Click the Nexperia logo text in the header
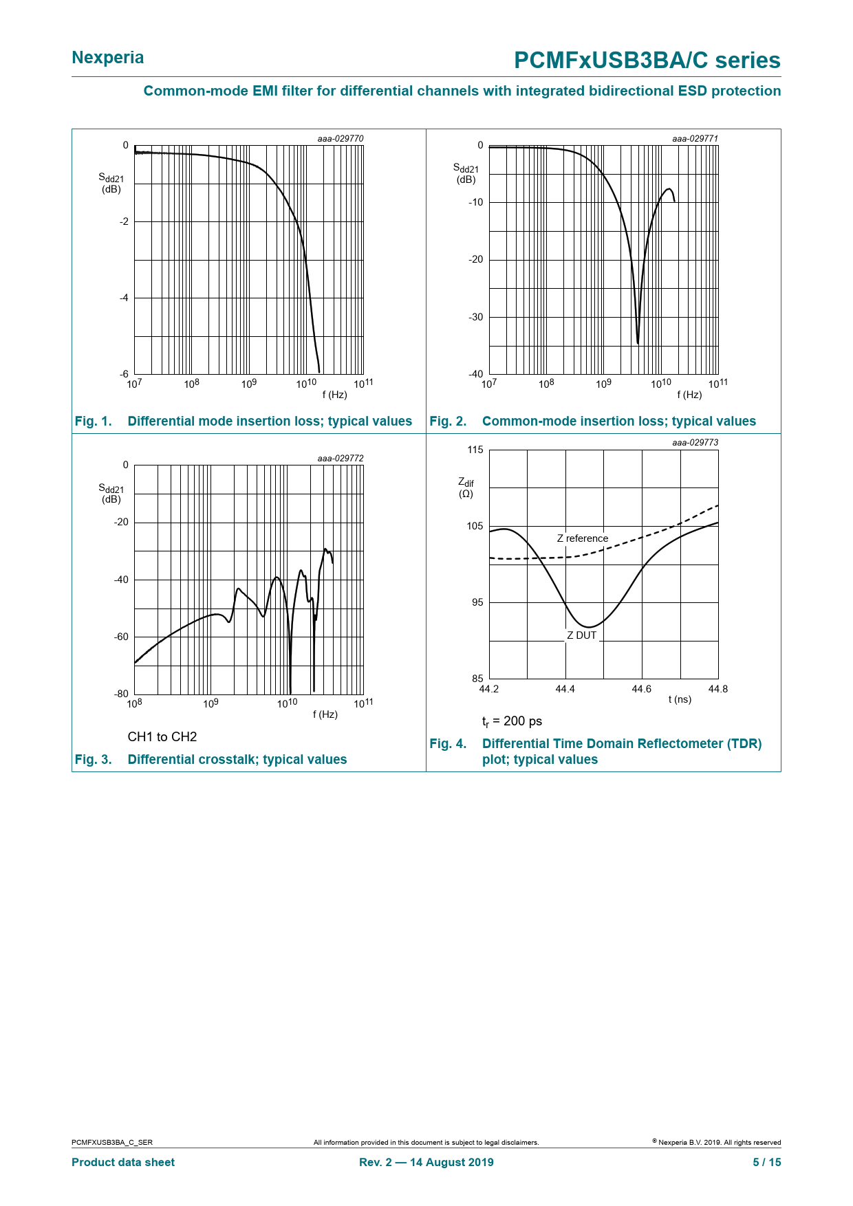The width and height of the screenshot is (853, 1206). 108,58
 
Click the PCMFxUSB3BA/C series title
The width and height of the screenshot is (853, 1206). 647,61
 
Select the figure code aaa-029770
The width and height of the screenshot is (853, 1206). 340,139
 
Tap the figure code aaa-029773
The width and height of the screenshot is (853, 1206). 695,443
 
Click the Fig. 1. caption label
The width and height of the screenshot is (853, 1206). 94,421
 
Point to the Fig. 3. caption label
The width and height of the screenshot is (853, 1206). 94,760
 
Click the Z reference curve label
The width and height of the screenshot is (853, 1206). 583,538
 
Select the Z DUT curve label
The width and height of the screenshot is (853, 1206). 581,635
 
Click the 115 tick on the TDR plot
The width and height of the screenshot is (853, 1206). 475,450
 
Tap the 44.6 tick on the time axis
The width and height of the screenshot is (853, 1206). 641,689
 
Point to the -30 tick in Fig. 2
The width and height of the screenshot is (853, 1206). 475,317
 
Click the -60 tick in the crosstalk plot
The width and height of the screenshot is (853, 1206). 121,637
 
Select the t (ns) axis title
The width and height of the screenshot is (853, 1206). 680,699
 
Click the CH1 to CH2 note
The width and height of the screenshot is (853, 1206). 162,737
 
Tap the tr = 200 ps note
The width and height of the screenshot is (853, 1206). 512,721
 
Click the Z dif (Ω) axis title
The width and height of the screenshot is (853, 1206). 466,488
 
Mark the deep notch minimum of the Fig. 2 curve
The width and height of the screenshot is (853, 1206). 638,343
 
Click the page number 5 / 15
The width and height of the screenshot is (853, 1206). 766,1162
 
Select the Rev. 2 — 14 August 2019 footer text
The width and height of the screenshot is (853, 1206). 426,1162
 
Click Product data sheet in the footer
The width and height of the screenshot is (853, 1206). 123,1162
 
